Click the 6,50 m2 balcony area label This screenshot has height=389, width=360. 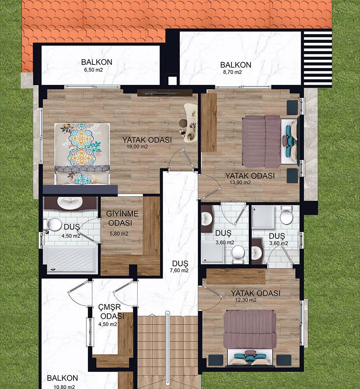[x=94, y=70]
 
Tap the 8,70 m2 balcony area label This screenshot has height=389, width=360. [x=232, y=72]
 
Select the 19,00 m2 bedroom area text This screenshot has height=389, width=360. [x=137, y=147]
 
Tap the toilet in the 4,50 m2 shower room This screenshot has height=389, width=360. [x=53, y=224]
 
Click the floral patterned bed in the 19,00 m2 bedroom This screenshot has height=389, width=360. [x=82, y=154]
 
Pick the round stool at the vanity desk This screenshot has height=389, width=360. [x=184, y=122]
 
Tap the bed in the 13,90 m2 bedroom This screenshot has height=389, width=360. [x=270, y=141]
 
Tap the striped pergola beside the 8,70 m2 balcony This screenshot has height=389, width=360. [x=317, y=59]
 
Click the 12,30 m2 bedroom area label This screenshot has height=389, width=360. [x=246, y=300]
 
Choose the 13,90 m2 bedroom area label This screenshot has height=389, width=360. [x=240, y=183]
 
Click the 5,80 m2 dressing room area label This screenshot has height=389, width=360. [x=119, y=234]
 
